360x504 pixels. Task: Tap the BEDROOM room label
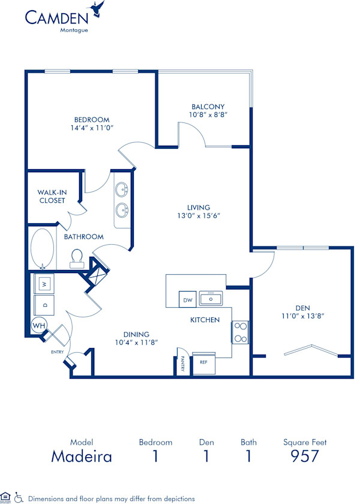pyautogui.click(x=91, y=119)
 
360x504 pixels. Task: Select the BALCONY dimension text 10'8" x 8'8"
pyautogui.click(x=209, y=114)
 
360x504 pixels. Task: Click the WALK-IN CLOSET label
pyautogui.click(x=52, y=196)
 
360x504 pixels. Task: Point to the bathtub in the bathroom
pyautogui.click(x=41, y=248)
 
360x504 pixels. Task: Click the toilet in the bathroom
pyautogui.click(x=76, y=257)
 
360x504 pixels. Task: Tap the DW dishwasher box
pyautogui.click(x=187, y=299)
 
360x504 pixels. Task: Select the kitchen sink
pyautogui.click(x=211, y=298)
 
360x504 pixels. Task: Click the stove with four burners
pyautogui.click(x=240, y=332)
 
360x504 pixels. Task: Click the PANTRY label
pyautogui.click(x=182, y=364)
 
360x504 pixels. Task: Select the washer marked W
pyautogui.click(x=44, y=282)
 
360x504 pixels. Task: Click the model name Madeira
pyautogui.click(x=82, y=457)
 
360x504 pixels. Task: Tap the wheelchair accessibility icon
pyautogui.click(x=19, y=497)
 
